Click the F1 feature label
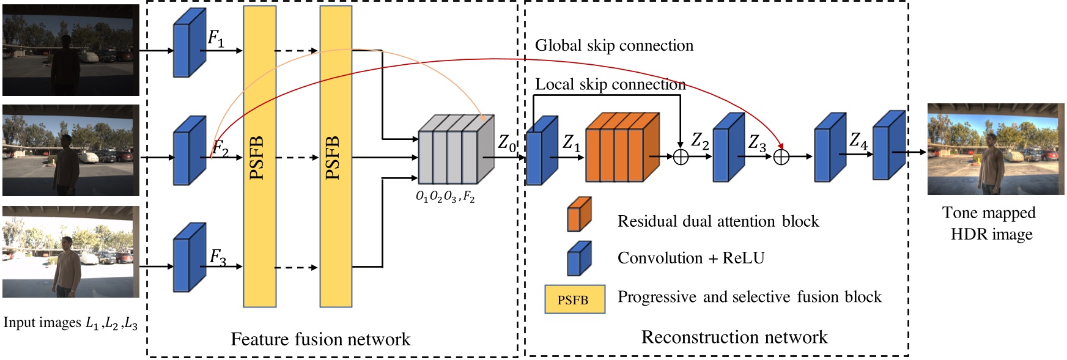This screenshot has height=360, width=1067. point(216,39)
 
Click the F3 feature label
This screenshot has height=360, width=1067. point(218,257)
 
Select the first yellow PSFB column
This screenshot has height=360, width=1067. point(259,156)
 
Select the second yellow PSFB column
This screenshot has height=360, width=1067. point(336,156)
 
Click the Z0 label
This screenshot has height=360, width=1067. point(507,144)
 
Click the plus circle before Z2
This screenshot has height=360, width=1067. point(681,157)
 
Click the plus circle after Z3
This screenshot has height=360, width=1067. point(781,157)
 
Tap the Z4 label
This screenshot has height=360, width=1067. point(858,141)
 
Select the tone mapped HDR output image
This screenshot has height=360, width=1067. point(995,149)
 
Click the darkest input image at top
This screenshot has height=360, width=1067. point(71,50)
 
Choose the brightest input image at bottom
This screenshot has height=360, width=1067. point(71,252)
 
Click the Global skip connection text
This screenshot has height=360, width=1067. point(614,46)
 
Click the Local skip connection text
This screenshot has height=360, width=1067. point(610,84)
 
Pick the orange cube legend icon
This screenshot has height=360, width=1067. point(578,215)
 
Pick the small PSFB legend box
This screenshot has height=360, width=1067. point(575,299)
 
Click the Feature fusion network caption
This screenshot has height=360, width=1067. point(320,339)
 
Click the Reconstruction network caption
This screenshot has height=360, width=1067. point(734,337)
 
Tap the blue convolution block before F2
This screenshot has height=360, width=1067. point(189,150)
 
